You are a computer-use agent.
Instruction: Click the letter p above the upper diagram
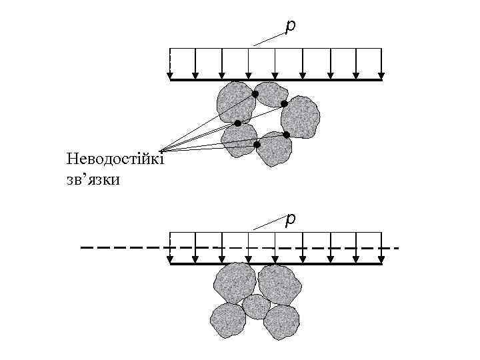click(x=290, y=25)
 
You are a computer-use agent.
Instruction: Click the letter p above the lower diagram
click(x=290, y=219)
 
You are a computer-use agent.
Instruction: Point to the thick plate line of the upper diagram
click(x=276, y=80)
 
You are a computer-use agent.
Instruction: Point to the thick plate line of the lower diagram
click(x=276, y=264)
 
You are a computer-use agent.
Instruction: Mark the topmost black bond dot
click(x=255, y=94)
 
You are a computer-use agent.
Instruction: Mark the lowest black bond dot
click(x=257, y=144)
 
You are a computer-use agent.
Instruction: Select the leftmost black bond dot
click(x=237, y=123)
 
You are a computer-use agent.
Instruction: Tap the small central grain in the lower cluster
click(x=256, y=306)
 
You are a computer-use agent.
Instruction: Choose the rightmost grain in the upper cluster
click(x=299, y=117)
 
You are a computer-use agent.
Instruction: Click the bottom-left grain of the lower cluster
click(x=227, y=320)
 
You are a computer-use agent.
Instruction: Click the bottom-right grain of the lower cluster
click(x=281, y=322)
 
